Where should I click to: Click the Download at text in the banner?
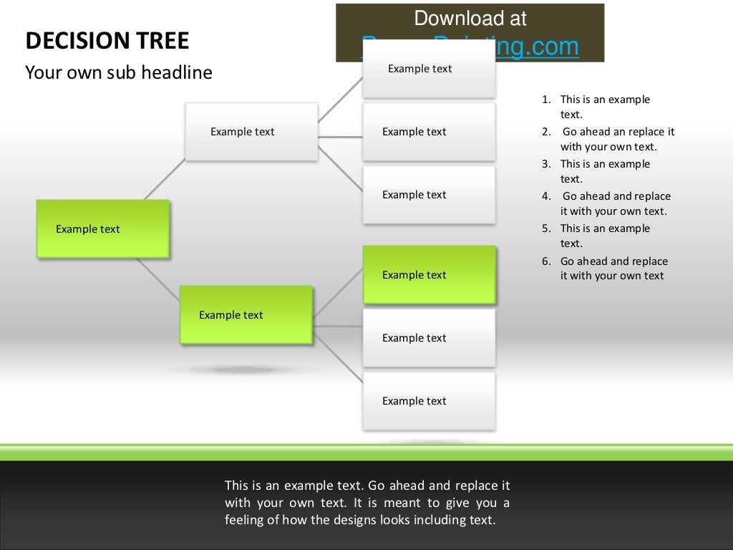coord(470,18)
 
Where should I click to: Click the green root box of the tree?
coord(102,228)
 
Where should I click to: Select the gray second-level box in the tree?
coord(251,131)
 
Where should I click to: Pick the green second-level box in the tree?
coord(246,314)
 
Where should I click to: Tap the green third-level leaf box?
coord(428,274)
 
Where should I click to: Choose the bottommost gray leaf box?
coord(428,400)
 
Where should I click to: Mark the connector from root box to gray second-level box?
coord(164,180)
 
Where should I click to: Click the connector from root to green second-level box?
coord(157,279)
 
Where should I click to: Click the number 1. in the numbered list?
coord(546,100)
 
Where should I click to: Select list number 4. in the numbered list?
coord(546,196)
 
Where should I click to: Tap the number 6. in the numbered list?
coord(546,261)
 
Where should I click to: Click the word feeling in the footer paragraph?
coord(244,520)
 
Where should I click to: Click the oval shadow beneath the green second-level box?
coord(243,370)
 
